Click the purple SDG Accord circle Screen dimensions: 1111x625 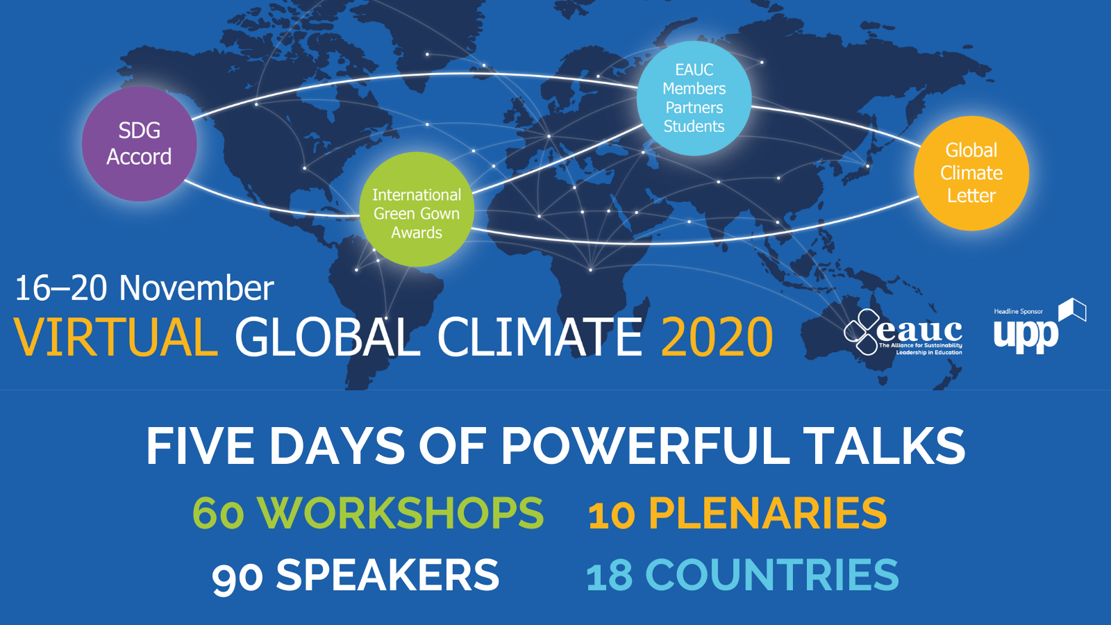coord(140,144)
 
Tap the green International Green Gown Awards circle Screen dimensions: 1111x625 coord(417,209)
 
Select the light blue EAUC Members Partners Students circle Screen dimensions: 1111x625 coord(694,98)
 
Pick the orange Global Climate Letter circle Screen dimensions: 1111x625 coord(971,173)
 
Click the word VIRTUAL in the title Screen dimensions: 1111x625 coord(115,337)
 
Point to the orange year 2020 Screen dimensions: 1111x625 coord(717,337)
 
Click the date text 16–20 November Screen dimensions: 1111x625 coord(144,287)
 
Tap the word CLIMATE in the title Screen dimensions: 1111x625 coord(540,337)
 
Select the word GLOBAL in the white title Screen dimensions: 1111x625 coord(328,337)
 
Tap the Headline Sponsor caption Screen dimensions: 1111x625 coord(1018,312)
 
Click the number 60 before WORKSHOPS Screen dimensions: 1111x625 coord(218,513)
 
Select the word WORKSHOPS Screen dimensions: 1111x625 coord(400,512)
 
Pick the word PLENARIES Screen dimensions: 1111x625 coord(767,513)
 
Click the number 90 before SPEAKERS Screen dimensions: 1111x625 coord(237,576)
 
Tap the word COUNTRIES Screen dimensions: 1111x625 coord(771,574)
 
